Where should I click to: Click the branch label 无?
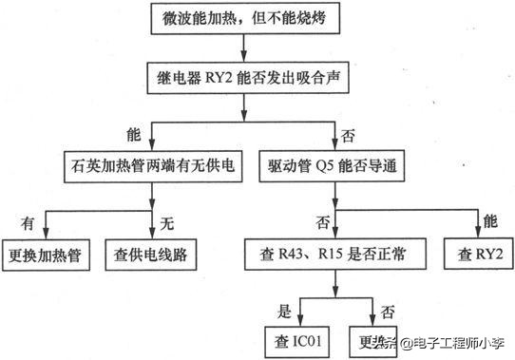coord(168,223)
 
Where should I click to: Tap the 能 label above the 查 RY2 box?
coord(491,223)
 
